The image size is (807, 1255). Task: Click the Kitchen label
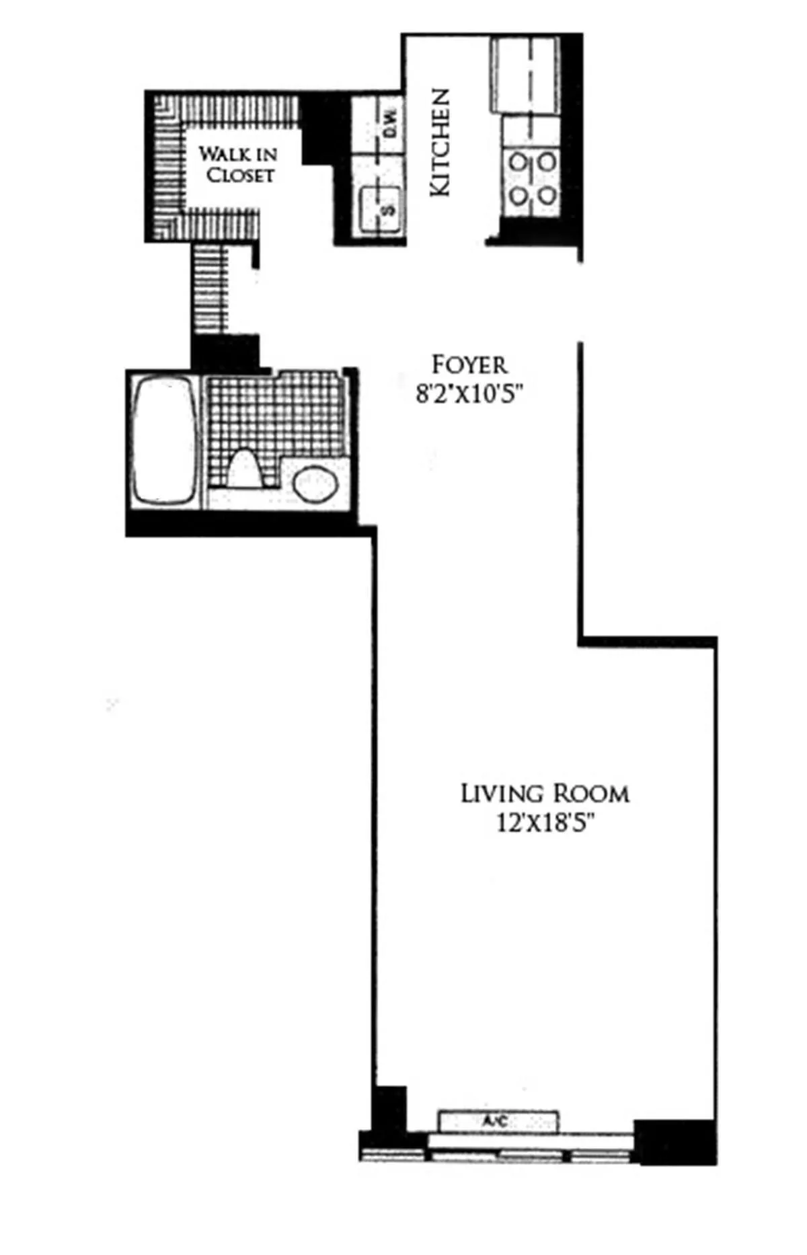point(440,143)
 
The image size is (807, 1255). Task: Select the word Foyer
point(469,365)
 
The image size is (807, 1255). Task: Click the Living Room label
point(545,794)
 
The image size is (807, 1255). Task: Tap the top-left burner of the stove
point(518,162)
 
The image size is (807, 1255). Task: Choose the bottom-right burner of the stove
point(547,196)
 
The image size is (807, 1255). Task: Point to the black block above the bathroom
point(225,352)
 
